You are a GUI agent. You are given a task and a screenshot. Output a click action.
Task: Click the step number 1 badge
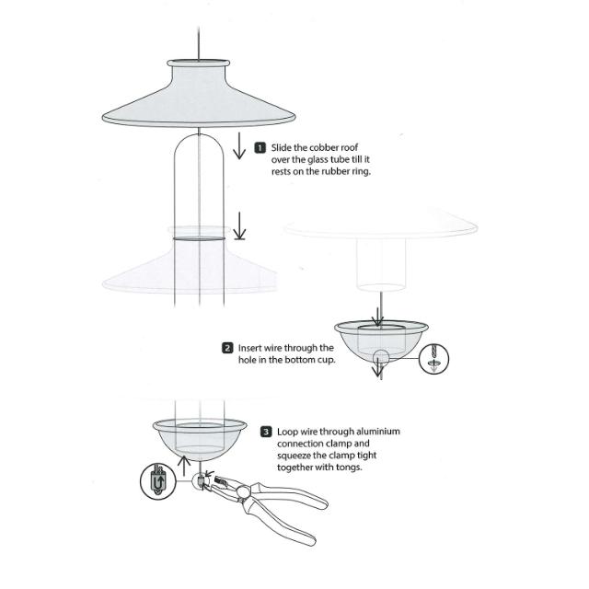tap(260, 148)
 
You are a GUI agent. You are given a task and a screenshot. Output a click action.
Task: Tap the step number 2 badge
tap(227, 348)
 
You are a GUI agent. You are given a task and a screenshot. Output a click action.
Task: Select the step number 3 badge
tap(266, 432)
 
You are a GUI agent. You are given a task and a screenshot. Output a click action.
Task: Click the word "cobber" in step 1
tap(324, 147)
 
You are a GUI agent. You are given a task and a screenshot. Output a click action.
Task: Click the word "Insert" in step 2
tap(249, 348)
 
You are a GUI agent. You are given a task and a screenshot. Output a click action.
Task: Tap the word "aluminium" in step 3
tap(378, 432)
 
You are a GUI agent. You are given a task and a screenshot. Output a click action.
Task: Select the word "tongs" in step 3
tap(349, 468)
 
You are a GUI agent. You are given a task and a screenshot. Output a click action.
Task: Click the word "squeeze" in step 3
tap(294, 456)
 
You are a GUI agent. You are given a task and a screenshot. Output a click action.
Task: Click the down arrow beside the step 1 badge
tap(239, 145)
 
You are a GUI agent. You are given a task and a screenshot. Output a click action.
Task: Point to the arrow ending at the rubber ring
tap(239, 225)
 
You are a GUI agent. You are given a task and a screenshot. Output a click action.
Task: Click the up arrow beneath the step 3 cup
tap(183, 468)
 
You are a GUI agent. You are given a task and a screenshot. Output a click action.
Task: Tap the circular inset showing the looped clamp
tap(158, 481)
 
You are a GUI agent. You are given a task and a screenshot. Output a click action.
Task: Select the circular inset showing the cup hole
tap(433, 359)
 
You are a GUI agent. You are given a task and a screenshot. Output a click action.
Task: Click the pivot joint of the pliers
tap(243, 491)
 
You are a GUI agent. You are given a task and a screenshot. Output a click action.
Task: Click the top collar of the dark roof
tap(199, 64)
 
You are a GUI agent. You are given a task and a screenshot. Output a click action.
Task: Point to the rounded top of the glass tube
tap(199, 136)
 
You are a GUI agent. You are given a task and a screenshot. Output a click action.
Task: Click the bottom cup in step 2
tap(381, 341)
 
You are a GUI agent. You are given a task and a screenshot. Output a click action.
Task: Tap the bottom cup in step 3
tap(200, 440)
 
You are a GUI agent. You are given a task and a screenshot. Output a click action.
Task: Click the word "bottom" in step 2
tap(299, 360)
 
